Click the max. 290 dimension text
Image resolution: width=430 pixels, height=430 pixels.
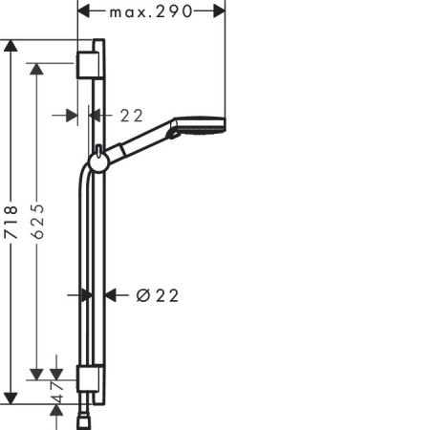click(x=151, y=12)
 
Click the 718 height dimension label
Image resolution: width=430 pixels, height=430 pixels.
click(x=11, y=223)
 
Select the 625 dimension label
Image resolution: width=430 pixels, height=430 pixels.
click(x=38, y=222)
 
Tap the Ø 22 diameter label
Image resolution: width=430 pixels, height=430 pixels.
click(x=158, y=295)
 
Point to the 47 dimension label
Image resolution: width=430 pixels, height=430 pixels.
click(x=57, y=393)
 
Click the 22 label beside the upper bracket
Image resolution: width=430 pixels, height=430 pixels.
click(x=131, y=116)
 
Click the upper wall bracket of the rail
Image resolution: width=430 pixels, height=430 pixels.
click(x=90, y=65)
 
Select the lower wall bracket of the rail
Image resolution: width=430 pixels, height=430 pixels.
click(x=90, y=378)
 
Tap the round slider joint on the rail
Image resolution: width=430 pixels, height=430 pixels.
click(x=99, y=163)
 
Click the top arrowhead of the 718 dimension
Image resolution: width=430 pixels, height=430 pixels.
click(x=11, y=46)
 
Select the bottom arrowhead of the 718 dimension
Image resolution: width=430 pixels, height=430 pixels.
click(x=11, y=398)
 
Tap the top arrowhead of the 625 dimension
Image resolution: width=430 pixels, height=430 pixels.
click(x=36, y=69)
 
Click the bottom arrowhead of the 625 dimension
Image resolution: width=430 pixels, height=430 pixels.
click(x=36, y=375)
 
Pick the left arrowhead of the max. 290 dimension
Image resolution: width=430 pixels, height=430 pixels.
click(x=84, y=11)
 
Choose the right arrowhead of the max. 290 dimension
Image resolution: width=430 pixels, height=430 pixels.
click(x=220, y=11)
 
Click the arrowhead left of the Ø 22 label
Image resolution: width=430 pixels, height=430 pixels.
click(x=86, y=295)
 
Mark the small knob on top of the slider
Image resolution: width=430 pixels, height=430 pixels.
click(x=99, y=150)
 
